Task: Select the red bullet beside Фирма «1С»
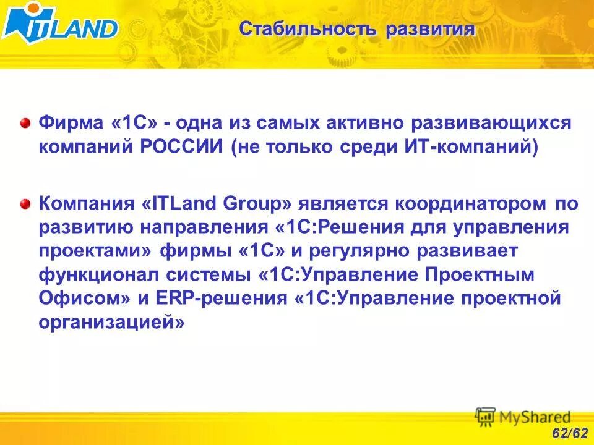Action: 25,122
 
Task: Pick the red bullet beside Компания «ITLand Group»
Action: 25,203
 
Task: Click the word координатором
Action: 471,203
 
